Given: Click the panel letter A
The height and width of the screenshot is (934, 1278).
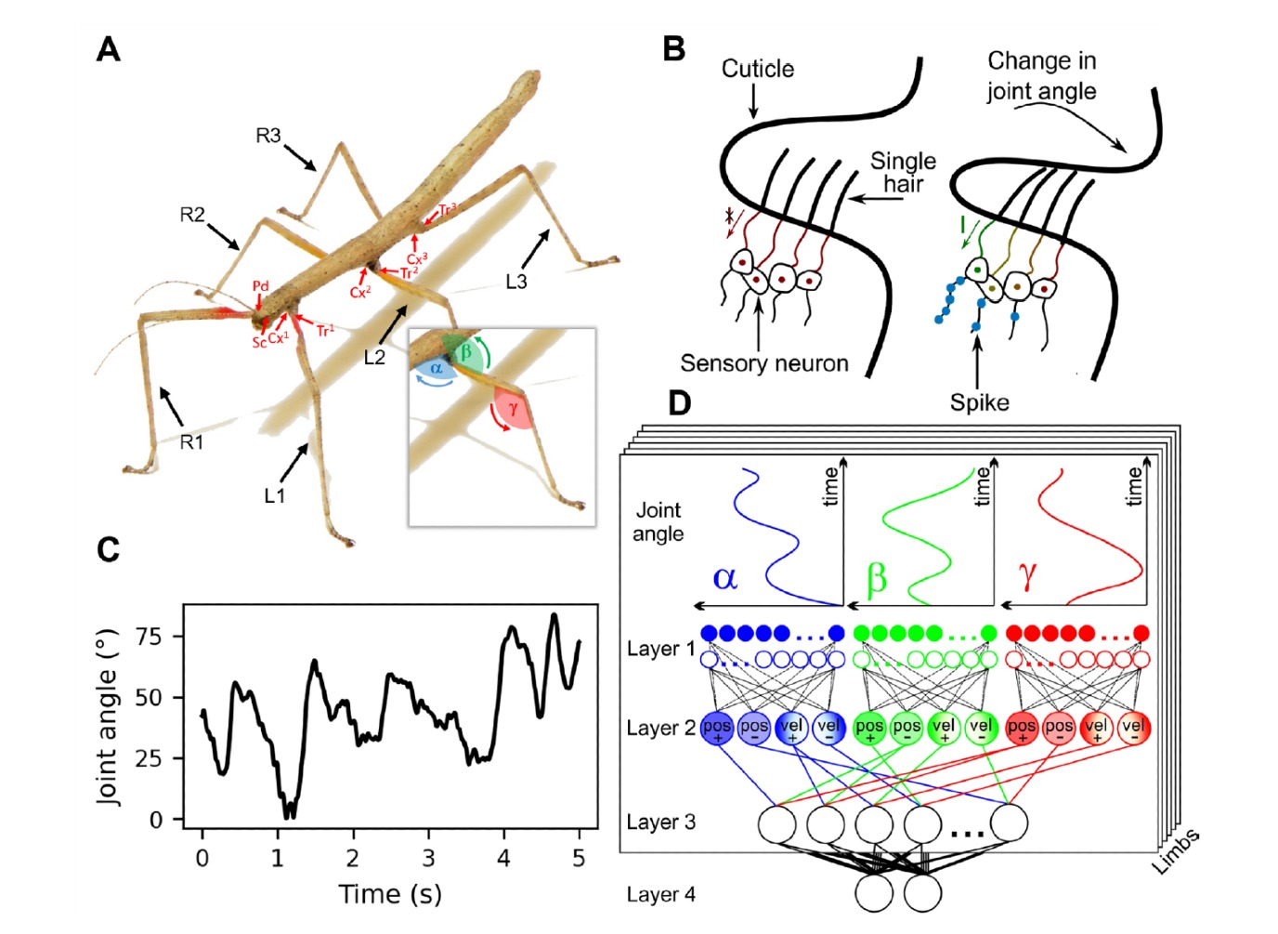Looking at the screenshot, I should click(109, 48).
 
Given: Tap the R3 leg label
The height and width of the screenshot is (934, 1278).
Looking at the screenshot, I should click(268, 136).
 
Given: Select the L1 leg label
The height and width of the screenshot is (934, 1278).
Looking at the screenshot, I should click(274, 495).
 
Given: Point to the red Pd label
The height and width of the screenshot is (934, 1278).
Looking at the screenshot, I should click(260, 286).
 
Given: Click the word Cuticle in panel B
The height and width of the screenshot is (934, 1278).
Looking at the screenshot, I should click(758, 69).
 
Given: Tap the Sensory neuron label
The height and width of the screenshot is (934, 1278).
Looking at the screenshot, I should click(763, 363).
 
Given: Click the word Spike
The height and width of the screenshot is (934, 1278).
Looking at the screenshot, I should click(979, 402).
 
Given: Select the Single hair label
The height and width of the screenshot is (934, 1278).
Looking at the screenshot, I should click(902, 172).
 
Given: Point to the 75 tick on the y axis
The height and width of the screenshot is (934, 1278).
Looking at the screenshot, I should click(150, 637).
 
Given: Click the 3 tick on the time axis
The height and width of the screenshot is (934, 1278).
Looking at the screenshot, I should click(428, 858).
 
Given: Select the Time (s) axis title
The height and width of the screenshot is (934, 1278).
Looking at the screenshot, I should click(390, 894).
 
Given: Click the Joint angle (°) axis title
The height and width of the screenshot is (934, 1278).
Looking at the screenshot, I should click(109, 716).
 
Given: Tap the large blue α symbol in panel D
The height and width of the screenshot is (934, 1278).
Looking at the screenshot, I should click(725, 578).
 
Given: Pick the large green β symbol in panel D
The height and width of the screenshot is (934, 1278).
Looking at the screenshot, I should click(876, 578).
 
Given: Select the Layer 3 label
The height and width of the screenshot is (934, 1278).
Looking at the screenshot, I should click(660, 822).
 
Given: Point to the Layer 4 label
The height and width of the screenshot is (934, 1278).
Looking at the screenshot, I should click(660, 895).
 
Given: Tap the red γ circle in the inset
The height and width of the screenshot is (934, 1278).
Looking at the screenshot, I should click(512, 408).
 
